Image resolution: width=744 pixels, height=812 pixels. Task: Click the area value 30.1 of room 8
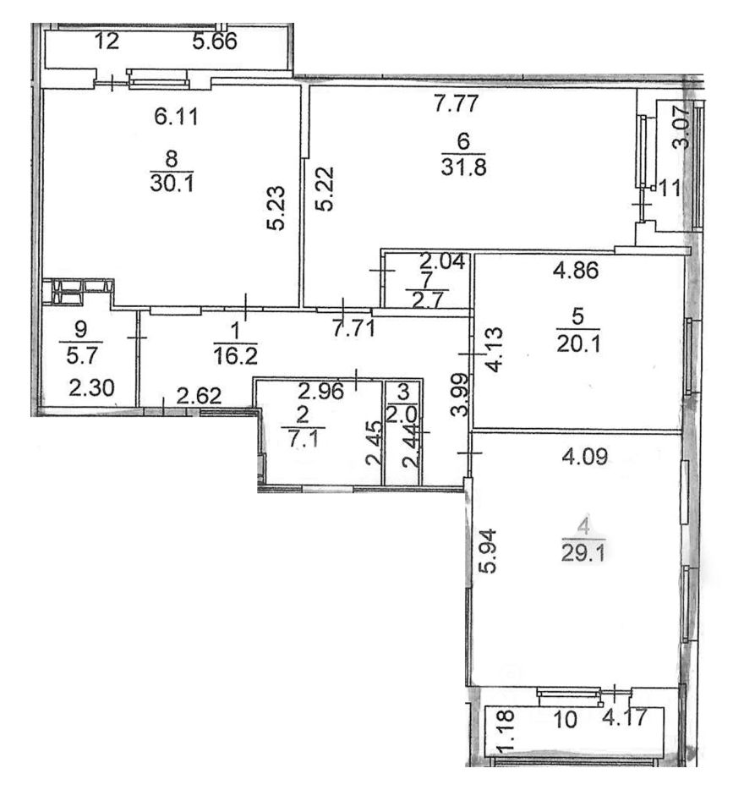[x=172, y=183]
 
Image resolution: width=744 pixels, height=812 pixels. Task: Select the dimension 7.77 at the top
[x=456, y=105]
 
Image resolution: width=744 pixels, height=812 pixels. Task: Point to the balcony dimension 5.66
[x=215, y=41]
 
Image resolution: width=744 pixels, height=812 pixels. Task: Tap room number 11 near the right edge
[x=670, y=188]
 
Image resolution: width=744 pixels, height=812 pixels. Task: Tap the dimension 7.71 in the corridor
[x=354, y=329]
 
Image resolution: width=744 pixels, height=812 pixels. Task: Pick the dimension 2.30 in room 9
[x=90, y=392]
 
